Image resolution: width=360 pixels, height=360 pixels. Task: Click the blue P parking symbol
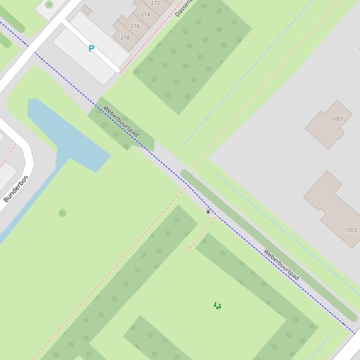[91, 48]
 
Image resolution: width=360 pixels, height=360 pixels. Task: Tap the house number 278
[125, 37]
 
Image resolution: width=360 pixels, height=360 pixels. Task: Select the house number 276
[135, 26]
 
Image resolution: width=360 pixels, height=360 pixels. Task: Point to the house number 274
[146, 14]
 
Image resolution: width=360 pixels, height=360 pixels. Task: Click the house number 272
[155, 3]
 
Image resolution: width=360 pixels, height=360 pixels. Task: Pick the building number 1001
[338, 119]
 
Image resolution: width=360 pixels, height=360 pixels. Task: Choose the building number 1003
[350, 230]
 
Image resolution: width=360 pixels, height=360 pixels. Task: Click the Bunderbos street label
[16, 188]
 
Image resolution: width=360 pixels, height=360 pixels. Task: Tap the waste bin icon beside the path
[208, 211]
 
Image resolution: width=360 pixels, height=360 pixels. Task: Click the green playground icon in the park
[217, 306]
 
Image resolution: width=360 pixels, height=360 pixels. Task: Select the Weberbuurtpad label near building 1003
[281, 265]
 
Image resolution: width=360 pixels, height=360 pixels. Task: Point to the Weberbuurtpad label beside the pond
[120, 122]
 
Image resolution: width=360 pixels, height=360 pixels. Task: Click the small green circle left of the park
[63, 213]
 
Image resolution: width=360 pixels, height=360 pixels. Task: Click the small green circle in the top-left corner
[49, 5]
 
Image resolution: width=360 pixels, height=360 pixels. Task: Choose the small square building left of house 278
[86, 10]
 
